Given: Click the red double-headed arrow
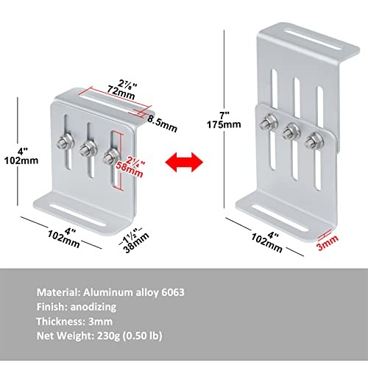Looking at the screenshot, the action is (184, 162).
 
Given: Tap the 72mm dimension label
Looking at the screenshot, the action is (121, 93).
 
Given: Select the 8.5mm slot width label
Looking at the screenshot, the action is (162, 124).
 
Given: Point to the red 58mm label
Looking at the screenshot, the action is (130, 169).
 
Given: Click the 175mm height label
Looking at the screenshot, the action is (224, 124).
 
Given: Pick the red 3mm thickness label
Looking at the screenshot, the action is (328, 242).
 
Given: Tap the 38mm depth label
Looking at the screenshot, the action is (136, 242).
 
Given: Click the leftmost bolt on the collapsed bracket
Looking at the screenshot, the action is (65, 143).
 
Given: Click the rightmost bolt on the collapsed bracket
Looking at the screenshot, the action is (111, 156).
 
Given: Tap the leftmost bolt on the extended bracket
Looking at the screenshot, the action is (269, 123).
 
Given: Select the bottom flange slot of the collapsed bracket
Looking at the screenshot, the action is (77, 215).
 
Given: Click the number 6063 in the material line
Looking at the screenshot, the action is (173, 292).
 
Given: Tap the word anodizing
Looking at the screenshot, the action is (93, 307).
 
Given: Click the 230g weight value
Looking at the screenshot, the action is (109, 336).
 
